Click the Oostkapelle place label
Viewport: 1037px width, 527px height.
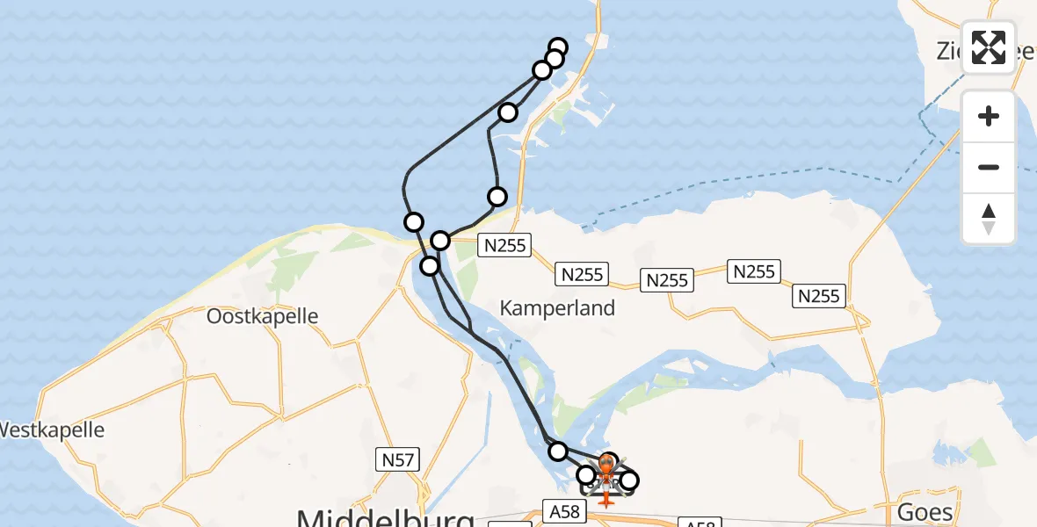[x=262, y=316]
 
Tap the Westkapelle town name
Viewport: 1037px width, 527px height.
[x=51, y=430]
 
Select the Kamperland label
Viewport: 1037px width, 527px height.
[x=557, y=308]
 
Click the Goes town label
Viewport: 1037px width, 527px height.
[x=925, y=512]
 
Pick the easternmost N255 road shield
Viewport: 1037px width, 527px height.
[x=819, y=296]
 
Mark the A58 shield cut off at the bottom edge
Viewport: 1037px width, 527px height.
[x=700, y=523]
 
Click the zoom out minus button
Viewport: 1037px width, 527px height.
[x=989, y=167]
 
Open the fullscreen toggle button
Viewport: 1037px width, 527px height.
[x=989, y=47]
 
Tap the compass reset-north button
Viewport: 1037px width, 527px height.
[x=989, y=218]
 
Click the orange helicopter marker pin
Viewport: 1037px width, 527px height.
[x=607, y=466]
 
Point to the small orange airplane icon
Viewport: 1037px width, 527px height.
[x=606, y=500]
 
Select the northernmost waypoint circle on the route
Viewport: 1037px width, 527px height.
[x=558, y=48]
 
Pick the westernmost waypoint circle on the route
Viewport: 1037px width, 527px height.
[x=413, y=221]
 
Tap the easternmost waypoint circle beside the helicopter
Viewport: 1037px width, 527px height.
[x=628, y=480]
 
